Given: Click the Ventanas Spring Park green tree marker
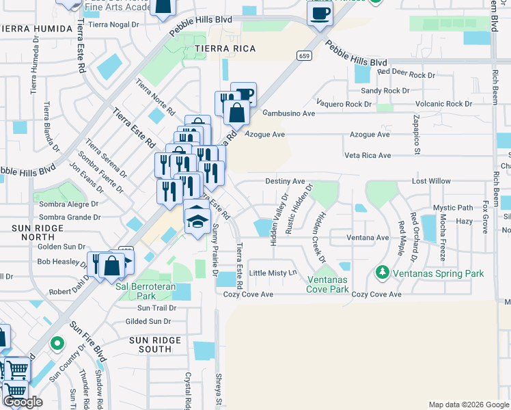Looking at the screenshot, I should coord(382,273).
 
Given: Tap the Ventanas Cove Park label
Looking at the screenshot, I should coord(328,285).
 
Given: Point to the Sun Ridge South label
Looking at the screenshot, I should coord(156,344).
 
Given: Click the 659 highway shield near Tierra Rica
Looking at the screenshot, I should coord(304,55).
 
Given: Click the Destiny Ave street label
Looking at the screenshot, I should coord(285,181).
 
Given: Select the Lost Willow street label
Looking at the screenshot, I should coord(431,181).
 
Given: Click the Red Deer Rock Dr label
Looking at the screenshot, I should coord(406,74).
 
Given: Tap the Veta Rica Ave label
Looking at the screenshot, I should coord(368,156).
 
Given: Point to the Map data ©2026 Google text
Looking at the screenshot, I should coord(468,405).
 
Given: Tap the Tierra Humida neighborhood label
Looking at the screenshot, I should coord(36,29).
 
